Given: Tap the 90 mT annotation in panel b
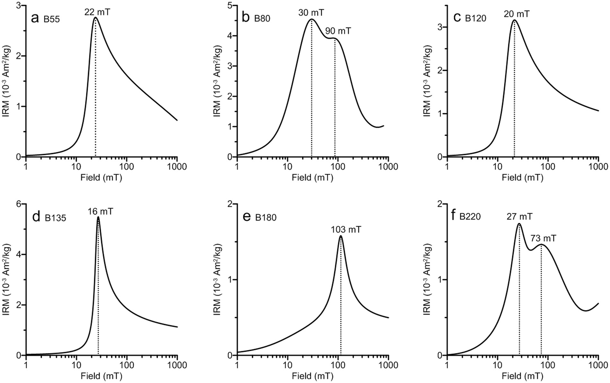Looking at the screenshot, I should point(338,31).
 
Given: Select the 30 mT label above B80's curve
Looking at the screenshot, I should point(311,13).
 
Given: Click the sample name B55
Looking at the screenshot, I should point(52,19).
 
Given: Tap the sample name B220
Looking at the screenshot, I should point(470,217).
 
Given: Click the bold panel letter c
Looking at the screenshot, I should point(457,18).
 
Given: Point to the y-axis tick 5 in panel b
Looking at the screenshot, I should point(230,6).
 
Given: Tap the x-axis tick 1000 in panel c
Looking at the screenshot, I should point(598,167).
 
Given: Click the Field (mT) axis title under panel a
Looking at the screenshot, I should point(101,178).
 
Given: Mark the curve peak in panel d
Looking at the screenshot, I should point(98,217).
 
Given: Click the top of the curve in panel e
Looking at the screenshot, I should point(340,236).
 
